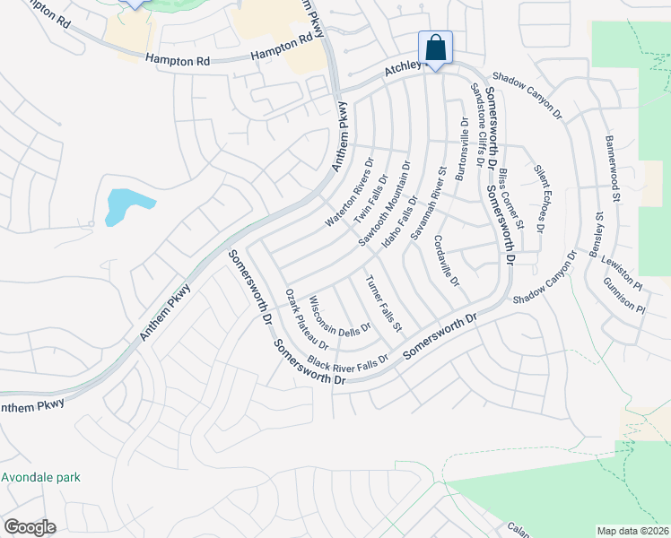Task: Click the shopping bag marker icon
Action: (x=435, y=48)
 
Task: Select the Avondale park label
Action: (x=40, y=477)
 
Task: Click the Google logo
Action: (x=30, y=527)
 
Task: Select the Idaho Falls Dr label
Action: (x=400, y=223)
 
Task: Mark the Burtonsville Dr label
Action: (x=461, y=149)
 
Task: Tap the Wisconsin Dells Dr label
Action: (x=340, y=313)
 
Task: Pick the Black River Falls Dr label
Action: (x=347, y=361)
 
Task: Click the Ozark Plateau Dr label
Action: (x=307, y=319)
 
